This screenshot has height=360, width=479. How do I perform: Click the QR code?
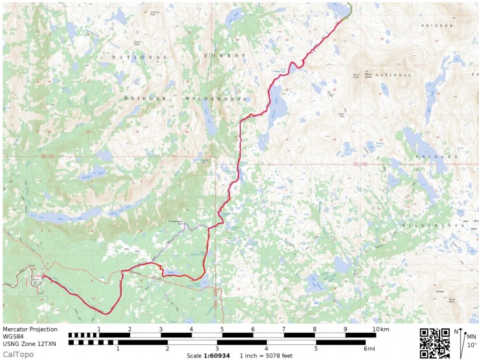tap(434, 343)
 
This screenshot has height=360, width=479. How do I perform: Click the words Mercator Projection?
tap(30, 329)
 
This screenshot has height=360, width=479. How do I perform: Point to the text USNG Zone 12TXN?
tap(28, 343)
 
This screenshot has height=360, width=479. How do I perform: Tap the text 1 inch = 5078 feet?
tap(266, 355)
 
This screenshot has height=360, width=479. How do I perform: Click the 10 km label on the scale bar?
tap(381, 329)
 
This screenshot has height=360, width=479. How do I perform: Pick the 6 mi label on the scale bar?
tap(369, 349)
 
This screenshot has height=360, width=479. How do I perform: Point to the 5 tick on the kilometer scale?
tap(222, 329)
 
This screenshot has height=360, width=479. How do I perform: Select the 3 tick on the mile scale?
tap(217, 349)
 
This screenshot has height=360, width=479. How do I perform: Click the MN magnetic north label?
tap(471, 336)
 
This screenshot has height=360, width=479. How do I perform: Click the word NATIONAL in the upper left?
tap(139, 57)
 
